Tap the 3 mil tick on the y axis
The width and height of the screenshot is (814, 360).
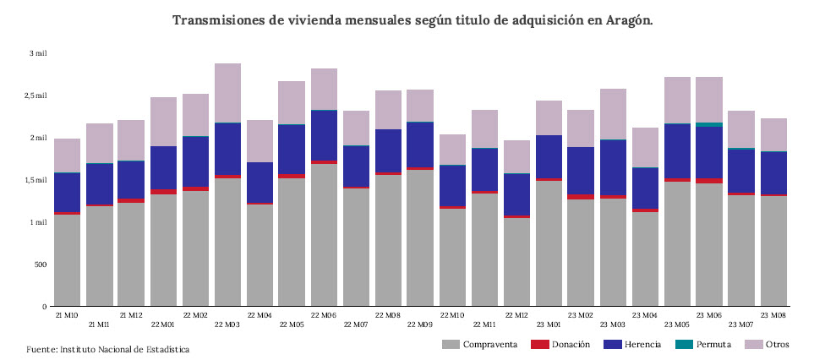pyautogui.click(x=38, y=53)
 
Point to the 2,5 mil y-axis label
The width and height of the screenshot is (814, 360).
pyautogui.click(x=36, y=95)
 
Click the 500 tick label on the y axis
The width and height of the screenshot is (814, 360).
pyautogui.click(x=40, y=265)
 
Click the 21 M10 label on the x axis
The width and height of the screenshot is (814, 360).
pyautogui.click(x=67, y=314)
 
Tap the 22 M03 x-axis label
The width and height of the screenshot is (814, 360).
pyautogui.click(x=227, y=324)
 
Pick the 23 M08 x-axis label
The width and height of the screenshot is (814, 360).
pyautogui.click(x=773, y=314)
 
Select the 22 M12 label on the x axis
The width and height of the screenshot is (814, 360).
pyautogui.click(x=516, y=314)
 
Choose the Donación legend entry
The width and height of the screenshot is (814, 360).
pyautogui.click(x=567, y=345)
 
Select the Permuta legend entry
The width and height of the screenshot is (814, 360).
pyautogui.click(x=708, y=345)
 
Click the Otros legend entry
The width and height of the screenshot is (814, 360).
pyautogui.click(x=770, y=345)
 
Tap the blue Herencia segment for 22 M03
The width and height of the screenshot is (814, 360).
pyautogui.click(x=227, y=149)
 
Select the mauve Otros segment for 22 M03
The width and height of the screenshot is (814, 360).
pyautogui.click(x=227, y=93)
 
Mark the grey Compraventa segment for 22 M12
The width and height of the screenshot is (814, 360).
pyautogui.click(x=516, y=262)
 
